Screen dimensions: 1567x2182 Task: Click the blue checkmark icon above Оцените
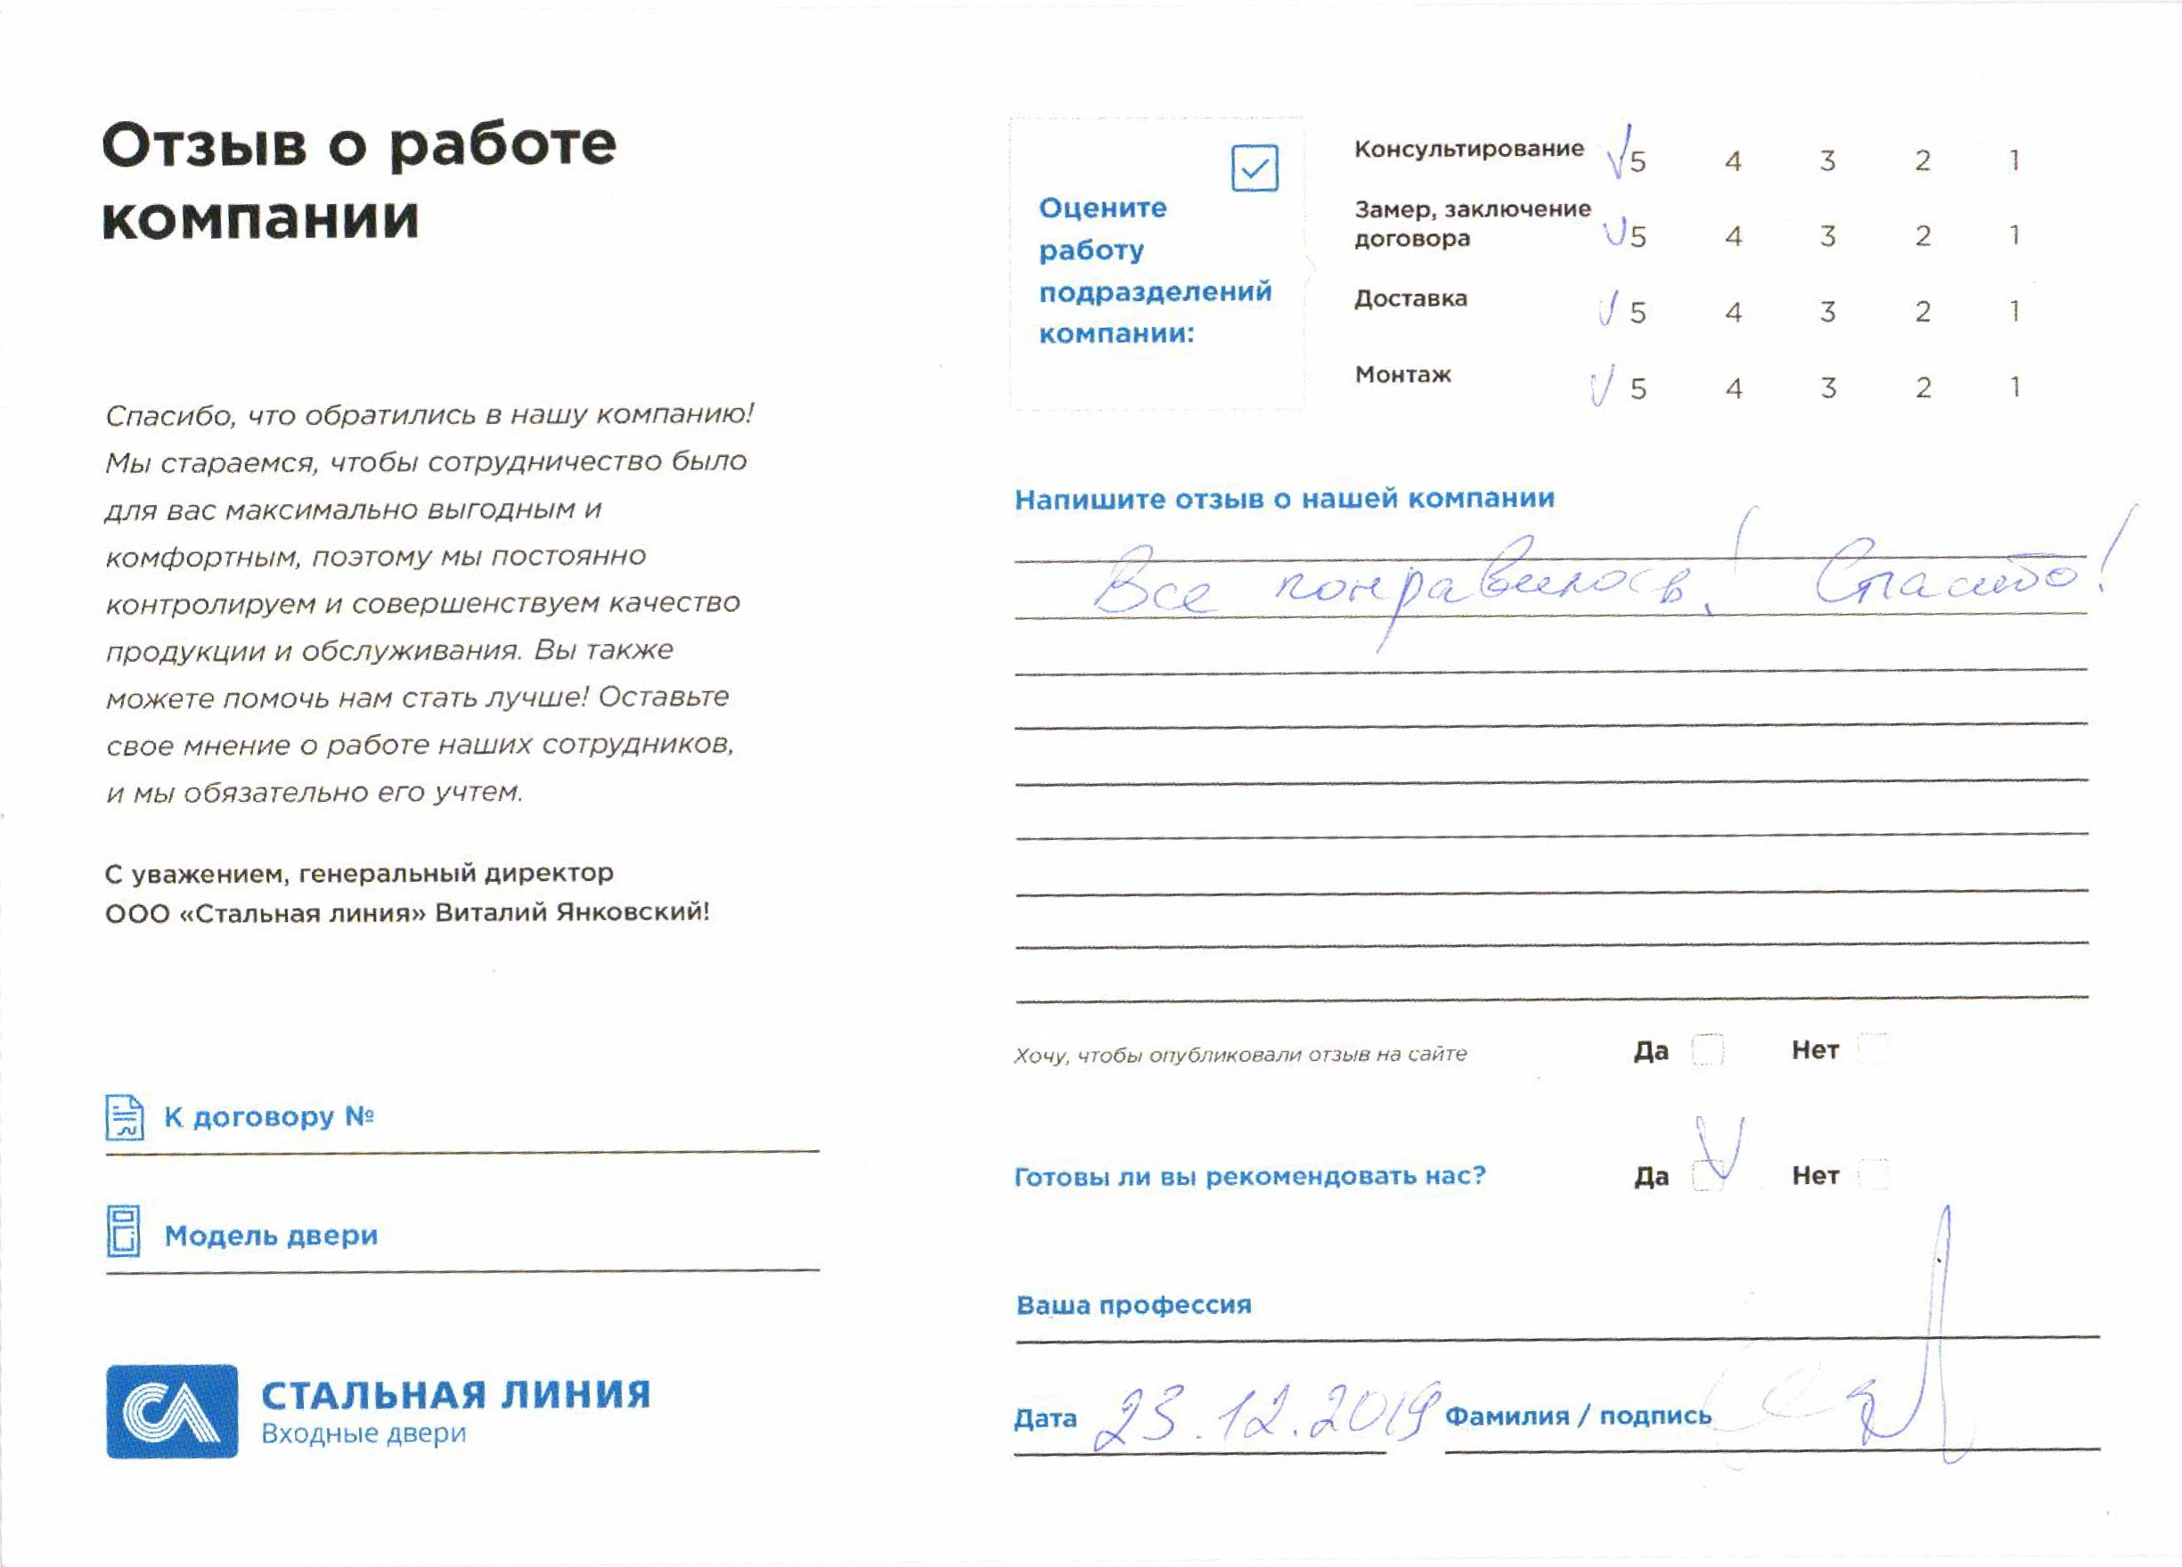coord(1254,168)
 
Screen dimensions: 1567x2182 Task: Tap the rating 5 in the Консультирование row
coord(1638,161)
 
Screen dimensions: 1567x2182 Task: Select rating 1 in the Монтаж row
coord(2014,388)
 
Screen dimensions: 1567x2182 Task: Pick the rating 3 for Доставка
coord(1827,312)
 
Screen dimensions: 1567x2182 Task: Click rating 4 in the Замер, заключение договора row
coord(1733,237)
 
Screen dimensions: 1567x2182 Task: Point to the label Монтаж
coord(1402,375)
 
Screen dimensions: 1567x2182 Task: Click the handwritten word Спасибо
coord(1943,577)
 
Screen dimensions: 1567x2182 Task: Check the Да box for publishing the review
coord(1707,1049)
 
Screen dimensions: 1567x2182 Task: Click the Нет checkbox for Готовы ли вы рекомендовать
coord(1872,1174)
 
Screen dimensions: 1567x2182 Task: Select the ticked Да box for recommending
coord(1709,1174)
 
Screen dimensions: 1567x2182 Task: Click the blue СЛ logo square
coord(171,1411)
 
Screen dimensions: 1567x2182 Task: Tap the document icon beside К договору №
coord(125,1117)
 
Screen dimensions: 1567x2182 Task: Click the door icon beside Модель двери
coord(123,1231)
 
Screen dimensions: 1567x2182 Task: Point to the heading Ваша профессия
coord(1133,1305)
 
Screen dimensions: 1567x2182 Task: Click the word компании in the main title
coord(261,219)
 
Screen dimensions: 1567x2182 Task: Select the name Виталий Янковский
coord(571,912)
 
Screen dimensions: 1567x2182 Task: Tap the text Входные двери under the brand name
coord(364,1433)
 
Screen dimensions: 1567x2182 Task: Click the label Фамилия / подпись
coord(1578,1416)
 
